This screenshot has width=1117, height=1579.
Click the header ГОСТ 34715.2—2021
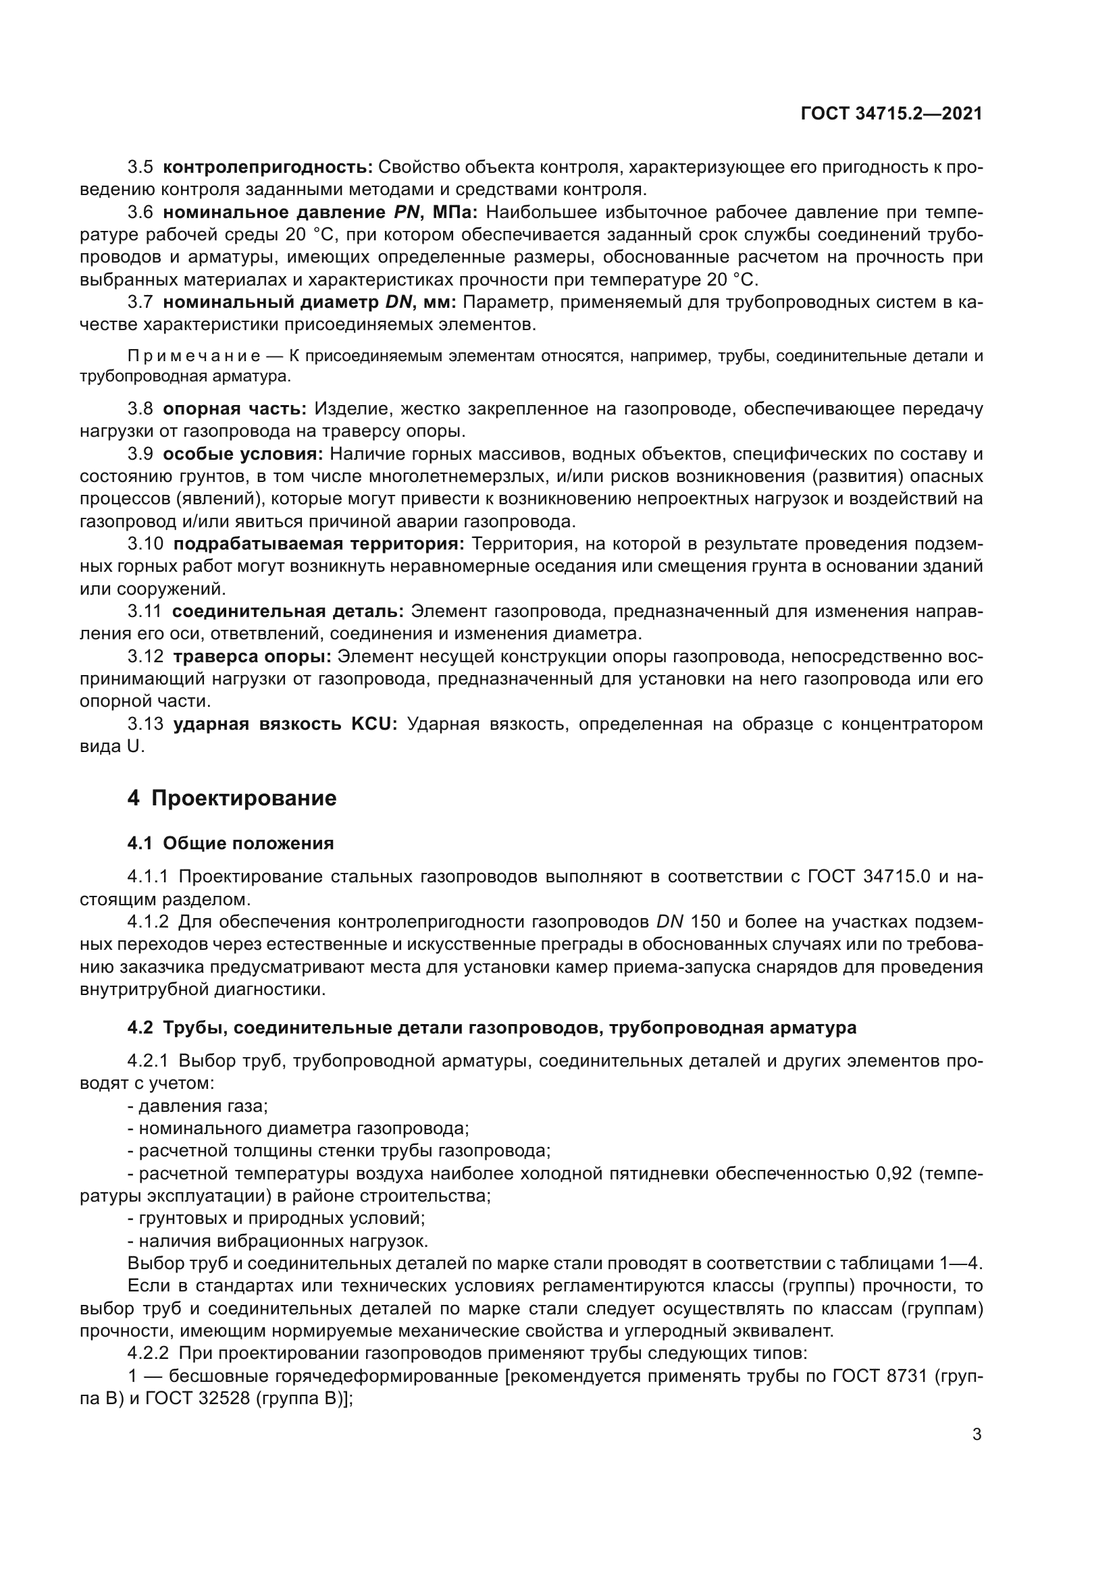point(891,113)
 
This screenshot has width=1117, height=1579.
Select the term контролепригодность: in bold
point(267,167)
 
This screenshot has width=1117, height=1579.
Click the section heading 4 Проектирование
point(232,799)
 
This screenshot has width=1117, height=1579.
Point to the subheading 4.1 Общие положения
point(230,843)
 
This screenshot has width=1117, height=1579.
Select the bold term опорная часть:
point(234,408)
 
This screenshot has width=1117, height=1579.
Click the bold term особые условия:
point(243,454)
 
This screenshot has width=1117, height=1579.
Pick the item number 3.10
point(146,544)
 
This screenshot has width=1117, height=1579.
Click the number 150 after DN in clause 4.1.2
point(705,921)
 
